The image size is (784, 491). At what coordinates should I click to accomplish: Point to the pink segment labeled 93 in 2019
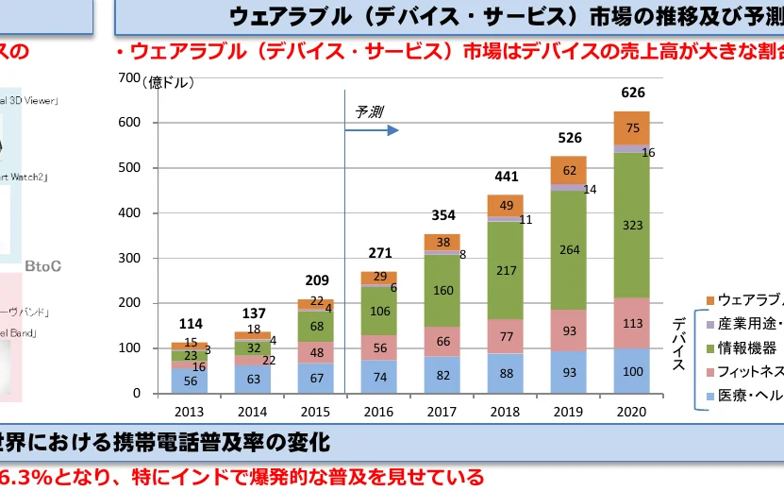coord(568,330)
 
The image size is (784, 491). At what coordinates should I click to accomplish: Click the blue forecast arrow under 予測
coord(372,130)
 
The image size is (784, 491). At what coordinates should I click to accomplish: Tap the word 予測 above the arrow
coord(369,111)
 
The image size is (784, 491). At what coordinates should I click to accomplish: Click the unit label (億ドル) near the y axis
coord(169,83)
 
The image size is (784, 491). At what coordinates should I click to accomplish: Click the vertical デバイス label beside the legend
coord(678,345)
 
